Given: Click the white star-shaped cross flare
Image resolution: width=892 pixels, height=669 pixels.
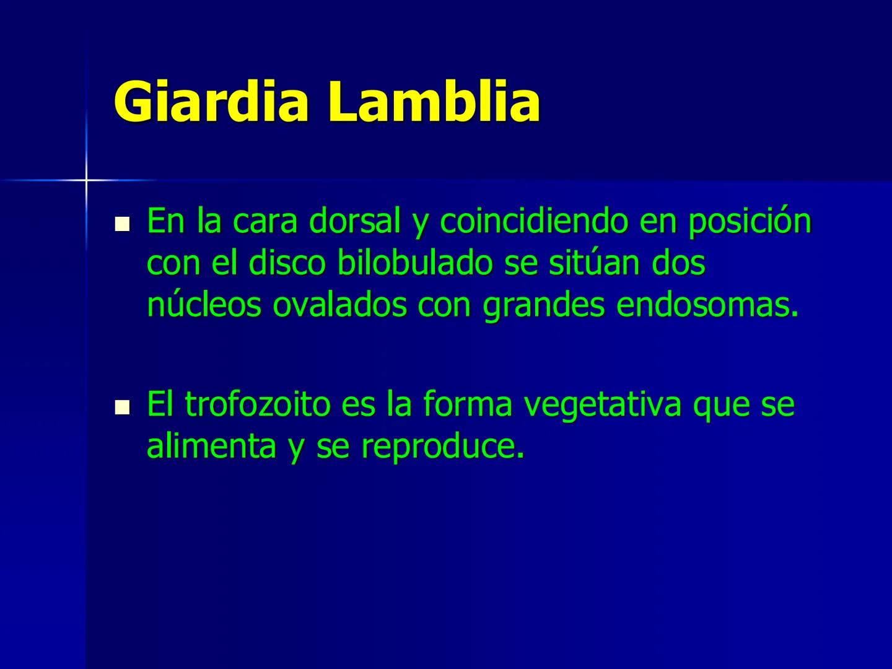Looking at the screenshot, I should [x=86, y=180].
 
